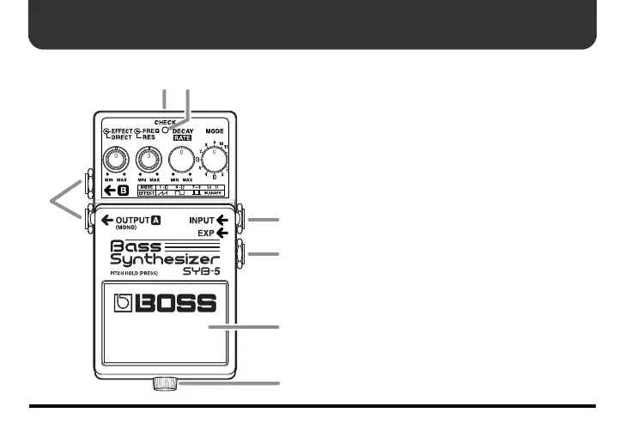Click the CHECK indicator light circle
tap(167, 131)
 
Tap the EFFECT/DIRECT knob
tap(114, 159)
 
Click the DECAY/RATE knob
tap(181, 160)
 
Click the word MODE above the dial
tap(215, 132)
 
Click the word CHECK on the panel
tap(166, 122)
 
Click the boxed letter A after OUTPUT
tap(156, 221)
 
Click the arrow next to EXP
tap(223, 233)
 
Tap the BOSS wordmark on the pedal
tap(168, 305)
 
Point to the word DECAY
tap(184, 131)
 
